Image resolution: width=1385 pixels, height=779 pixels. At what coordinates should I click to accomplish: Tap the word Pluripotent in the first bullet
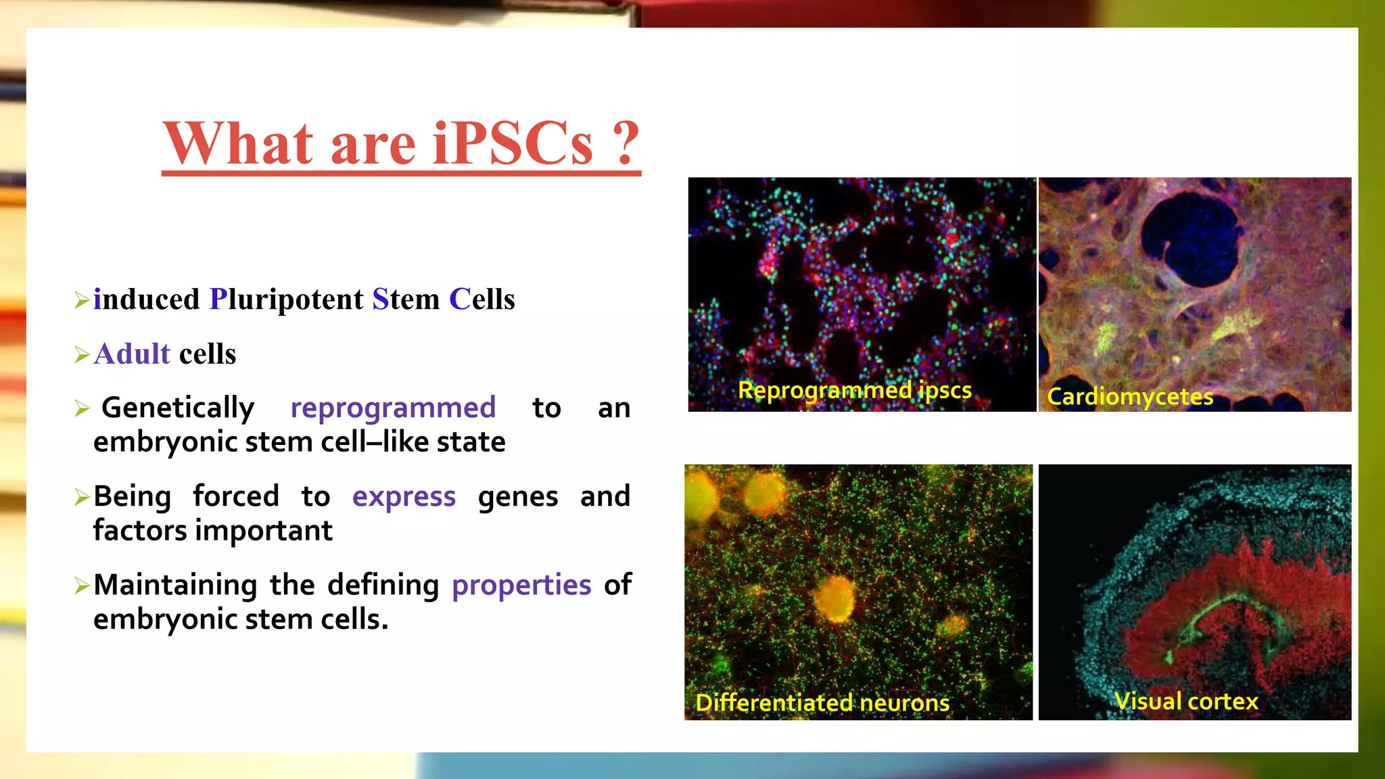[286, 300]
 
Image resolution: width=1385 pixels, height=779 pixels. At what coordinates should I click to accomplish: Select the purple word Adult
[133, 354]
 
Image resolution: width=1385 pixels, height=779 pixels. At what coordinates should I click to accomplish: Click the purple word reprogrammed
[393, 408]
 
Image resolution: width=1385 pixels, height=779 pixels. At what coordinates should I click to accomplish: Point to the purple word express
[404, 496]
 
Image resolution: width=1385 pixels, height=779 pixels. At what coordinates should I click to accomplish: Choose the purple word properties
[521, 585]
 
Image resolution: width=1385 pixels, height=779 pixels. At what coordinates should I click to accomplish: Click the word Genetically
[178, 408]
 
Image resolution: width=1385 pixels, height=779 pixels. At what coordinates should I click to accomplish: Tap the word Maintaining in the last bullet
[175, 585]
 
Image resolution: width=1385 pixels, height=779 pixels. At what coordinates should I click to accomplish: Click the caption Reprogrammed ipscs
[854, 390]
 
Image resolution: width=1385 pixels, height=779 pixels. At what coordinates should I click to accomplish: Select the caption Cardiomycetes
[1129, 397]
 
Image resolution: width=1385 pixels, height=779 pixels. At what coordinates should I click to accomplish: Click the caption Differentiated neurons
[822, 703]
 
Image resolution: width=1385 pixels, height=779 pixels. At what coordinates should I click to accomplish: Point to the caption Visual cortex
[1186, 701]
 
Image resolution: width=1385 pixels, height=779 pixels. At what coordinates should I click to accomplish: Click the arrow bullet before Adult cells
[82, 355]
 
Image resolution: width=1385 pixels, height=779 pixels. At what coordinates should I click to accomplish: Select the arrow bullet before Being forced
[82, 498]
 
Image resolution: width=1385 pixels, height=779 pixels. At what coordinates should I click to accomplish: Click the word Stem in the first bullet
[406, 300]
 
